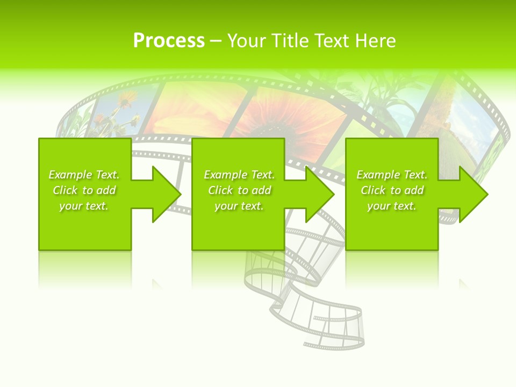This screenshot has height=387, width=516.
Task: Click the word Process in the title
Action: click(x=169, y=41)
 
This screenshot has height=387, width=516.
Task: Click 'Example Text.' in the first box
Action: click(x=84, y=175)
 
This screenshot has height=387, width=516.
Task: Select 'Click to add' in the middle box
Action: click(x=239, y=190)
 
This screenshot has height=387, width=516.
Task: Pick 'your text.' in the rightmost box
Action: click(x=392, y=206)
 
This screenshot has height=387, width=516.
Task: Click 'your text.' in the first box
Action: click(x=84, y=206)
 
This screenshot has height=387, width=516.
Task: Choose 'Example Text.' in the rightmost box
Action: click(x=392, y=175)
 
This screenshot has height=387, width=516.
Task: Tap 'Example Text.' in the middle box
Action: click(x=239, y=175)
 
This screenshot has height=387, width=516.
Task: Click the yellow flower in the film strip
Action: click(x=127, y=100)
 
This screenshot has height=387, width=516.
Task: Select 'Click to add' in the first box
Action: click(x=84, y=190)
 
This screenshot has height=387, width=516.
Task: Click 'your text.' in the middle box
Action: click(x=239, y=206)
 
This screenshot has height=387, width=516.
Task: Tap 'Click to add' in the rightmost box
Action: click(x=392, y=190)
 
